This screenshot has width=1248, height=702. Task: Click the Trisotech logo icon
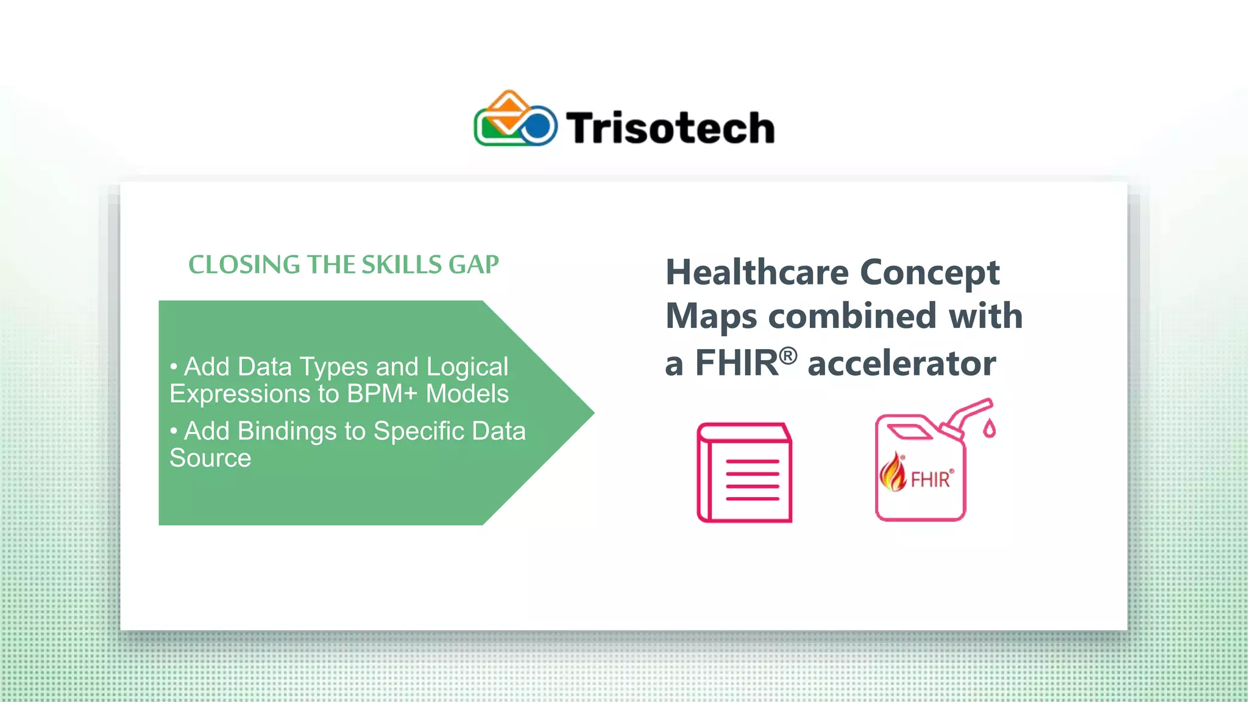pos(515,119)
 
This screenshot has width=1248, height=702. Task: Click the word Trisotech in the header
pos(670,128)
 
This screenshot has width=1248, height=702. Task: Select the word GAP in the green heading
pos(473,264)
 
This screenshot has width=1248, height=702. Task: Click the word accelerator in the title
pos(901,363)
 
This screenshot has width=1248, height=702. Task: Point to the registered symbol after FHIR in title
pos(788,355)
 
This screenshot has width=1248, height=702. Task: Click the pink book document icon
pos(744,473)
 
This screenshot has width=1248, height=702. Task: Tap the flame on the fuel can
pos(893,473)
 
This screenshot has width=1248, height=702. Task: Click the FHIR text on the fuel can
pos(930,480)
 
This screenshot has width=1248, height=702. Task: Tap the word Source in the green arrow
pos(210,458)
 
